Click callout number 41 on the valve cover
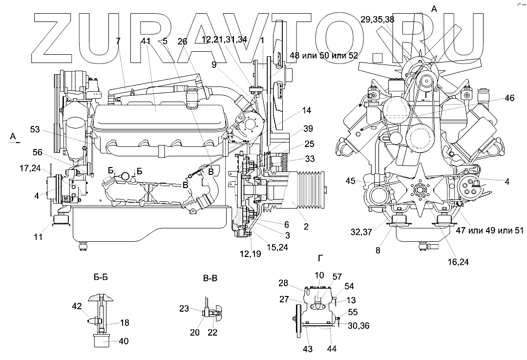click(x=146, y=42)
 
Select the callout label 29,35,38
click(x=378, y=20)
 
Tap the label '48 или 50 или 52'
click(x=324, y=55)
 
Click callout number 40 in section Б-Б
click(x=124, y=341)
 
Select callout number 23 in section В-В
click(x=184, y=308)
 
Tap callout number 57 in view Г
click(x=337, y=276)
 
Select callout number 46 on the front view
click(x=509, y=99)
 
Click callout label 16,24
click(x=458, y=262)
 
